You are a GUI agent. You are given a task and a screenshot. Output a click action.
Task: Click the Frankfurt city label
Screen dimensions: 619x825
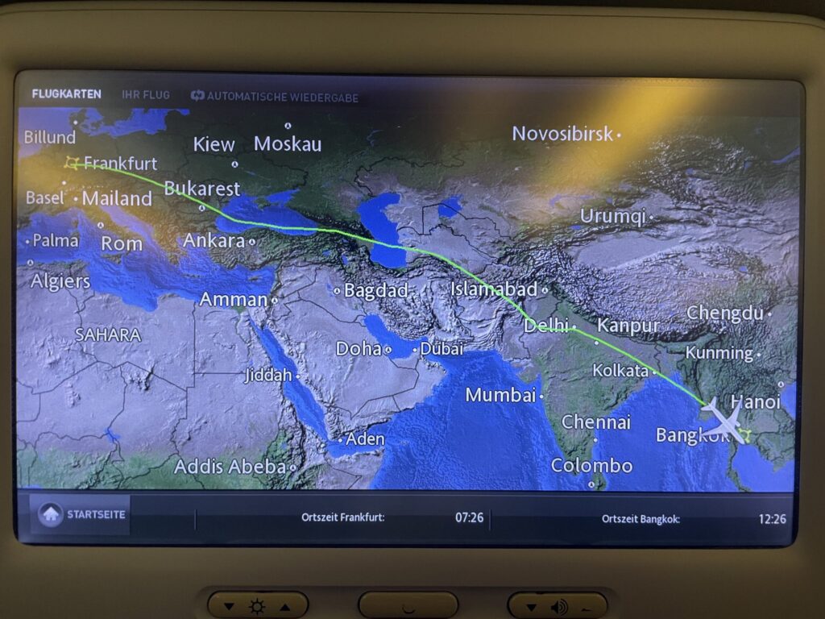(121, 164)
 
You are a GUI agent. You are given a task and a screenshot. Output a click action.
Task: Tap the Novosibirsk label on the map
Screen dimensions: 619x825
(562, 134)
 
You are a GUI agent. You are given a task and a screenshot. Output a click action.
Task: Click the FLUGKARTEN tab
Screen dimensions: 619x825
(67, 95)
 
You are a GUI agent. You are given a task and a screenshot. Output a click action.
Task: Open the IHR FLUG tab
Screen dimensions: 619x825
(146, 95)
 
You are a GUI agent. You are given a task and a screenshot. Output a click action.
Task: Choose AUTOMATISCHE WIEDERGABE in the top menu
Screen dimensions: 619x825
(275, 97)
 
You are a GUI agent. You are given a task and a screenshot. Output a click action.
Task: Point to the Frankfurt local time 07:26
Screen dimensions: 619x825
(469, 517)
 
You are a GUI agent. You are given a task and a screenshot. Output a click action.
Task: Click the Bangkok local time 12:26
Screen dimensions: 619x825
(772, 518)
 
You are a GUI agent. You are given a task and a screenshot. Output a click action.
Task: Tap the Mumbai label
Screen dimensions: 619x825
(500, 395)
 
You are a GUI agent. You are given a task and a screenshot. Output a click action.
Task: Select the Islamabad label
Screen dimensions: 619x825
(494, 289)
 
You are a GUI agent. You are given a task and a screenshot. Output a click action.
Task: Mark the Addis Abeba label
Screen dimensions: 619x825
(230, 467)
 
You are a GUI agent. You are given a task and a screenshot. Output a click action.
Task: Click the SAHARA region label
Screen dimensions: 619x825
(108, 334)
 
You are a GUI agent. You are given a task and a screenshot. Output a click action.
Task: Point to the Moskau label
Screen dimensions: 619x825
(288, 144)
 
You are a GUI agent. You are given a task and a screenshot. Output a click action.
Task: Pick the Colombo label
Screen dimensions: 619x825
(591, 466)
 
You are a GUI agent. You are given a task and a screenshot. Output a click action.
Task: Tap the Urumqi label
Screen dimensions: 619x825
(613, 216)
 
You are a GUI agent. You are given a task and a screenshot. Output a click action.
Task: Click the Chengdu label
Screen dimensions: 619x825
(724, 314)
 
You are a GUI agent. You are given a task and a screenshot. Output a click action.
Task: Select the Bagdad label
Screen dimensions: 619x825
(375, 291)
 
